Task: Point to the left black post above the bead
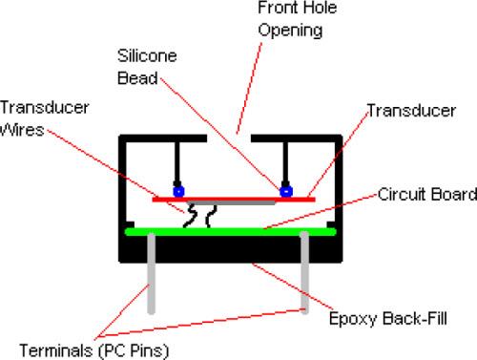[176, 162]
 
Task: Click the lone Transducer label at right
[411, 110]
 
